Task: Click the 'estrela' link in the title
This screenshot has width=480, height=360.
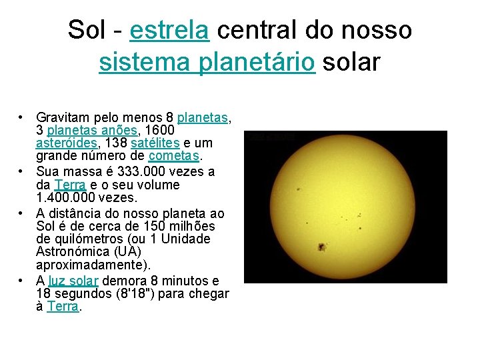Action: tap(170, 30)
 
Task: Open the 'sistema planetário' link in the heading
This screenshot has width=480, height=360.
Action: tap(207, 62)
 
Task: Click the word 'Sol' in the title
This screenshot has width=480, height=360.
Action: tap(85, 30)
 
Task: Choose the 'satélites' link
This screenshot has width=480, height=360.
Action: tap(155, 143)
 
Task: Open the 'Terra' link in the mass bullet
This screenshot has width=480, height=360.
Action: tap(70, 185)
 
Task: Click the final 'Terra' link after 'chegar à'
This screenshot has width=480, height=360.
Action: tap(63, 307)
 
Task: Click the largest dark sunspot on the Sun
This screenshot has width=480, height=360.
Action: tap(323, 247)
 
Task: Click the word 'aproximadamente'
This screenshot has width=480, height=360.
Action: tap(92, 265)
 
